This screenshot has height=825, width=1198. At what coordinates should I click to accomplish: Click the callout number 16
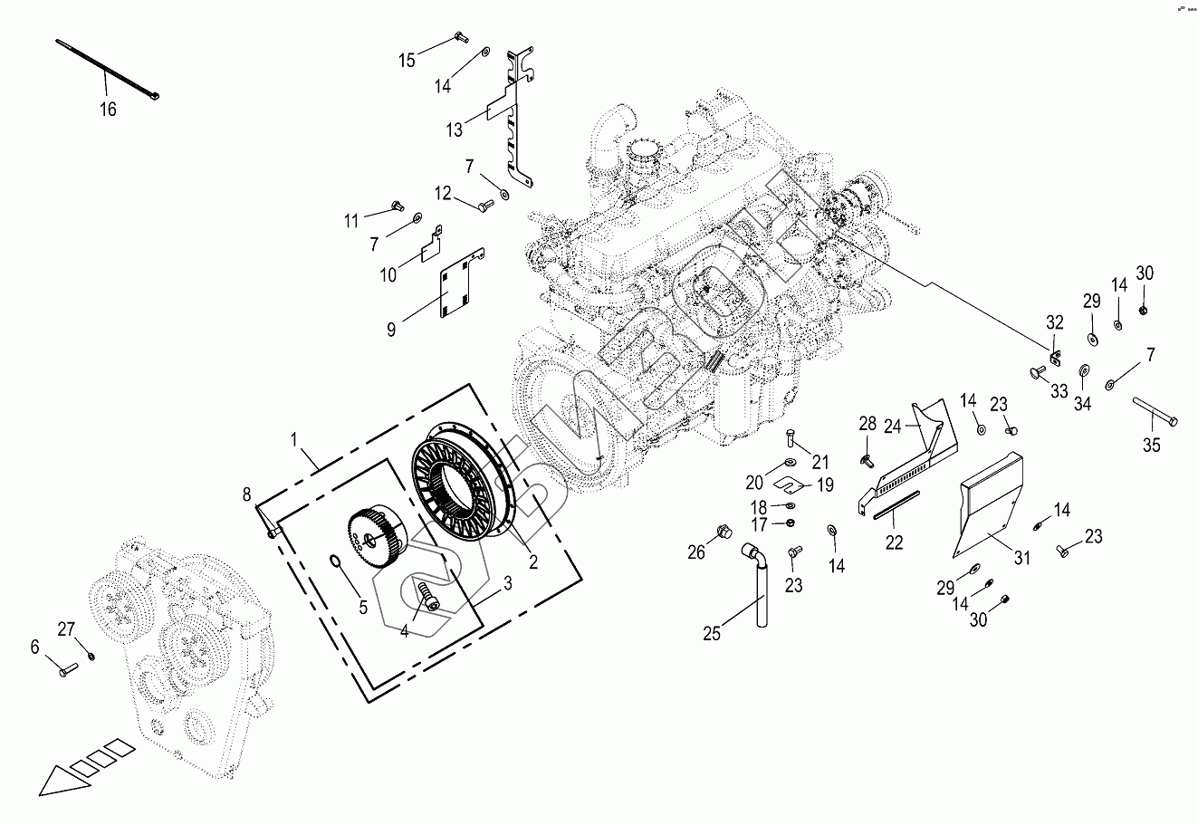pyautogui.click(x=108, y=110)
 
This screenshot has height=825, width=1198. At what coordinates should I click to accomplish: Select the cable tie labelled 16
pyautogui.click(x=107, y=67)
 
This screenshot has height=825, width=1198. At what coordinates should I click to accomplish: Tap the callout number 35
pyautogui.click(x=1151, y=444)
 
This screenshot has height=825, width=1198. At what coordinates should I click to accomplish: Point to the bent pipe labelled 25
pyautogui.click(x=758, y=580)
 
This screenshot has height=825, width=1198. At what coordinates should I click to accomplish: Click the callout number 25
pyautogui.click(x=712, y=633)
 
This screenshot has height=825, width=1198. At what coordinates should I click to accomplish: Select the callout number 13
pyautogui.click(x=454, y=130)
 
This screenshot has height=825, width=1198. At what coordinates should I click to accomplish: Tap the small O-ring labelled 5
pyautogui.click(x=336, y=566)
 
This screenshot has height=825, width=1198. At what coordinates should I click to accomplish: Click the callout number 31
pyautogui.click(x=1022, y=558)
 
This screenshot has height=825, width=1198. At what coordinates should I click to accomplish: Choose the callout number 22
pyautogui.click(x=894, y=542)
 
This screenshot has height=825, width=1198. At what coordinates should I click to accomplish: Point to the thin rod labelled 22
pyautogui.click(x=897, y=505)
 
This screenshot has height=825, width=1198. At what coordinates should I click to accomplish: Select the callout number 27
pyautogui.click(x=66, y=629)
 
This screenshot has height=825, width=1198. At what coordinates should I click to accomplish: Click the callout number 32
pyautogui.click(x=1055, y=322)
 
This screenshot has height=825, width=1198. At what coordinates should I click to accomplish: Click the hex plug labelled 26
pyautogui.click(x=723, y=530)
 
